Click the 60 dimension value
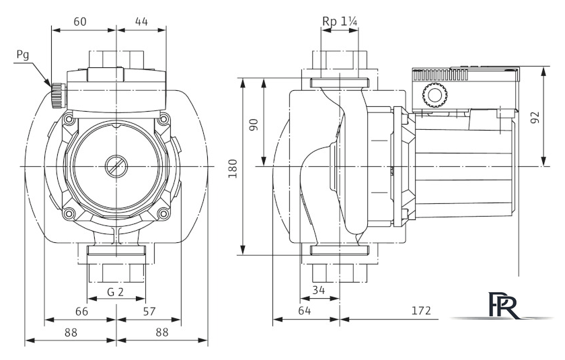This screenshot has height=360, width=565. click(79, 21)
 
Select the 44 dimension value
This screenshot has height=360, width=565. click(141, 21)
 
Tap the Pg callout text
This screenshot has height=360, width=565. click(23, 57)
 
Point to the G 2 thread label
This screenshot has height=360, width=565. click(116, 293)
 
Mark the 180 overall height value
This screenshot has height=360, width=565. click(233, 167)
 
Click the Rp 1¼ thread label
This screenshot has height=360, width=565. click(340, 21)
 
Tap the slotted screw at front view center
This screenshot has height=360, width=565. click(116, 166)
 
